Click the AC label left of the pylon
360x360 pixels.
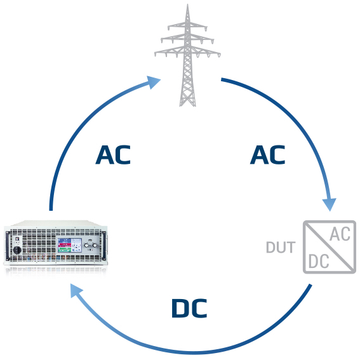(x=113, y=155)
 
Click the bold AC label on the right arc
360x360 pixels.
(x=267, y=155)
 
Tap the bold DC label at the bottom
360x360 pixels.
(x=189, y=308)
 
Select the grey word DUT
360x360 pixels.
(x=281, y=247)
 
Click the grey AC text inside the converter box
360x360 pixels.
(x=340, y=234)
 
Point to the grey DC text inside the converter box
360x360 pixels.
(x=319, y=262)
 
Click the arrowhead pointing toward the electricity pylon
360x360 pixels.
(x=153, y=82)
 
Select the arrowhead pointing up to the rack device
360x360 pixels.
(x=76, y=290)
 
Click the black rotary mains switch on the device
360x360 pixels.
(x=17, y=250)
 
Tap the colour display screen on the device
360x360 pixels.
(x=70, y=245)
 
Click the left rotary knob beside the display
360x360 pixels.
(x=86, y=246)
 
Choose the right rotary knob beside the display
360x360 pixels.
(x=95, y=246)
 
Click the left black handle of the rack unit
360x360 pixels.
(x=8, y=245)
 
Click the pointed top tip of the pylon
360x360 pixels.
(x=187, y=4)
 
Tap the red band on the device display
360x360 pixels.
(x=65, y=245)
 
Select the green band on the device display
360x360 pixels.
(x=65, y=250)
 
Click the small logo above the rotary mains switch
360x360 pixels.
(x=17, y=239)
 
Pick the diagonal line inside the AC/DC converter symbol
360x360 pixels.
(x=330, y=247)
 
